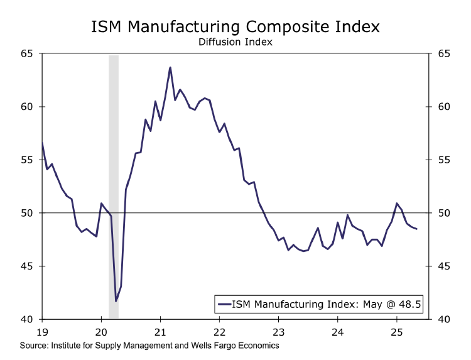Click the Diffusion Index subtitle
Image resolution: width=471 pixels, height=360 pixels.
[x=235, y=43]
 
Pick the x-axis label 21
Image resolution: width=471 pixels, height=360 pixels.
[x=160, y=331]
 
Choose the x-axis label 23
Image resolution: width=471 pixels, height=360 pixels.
[x=278, y=331]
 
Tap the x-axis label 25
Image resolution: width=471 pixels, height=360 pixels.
[x=396, y=331]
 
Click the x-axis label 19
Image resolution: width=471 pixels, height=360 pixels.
[x=42, y=331]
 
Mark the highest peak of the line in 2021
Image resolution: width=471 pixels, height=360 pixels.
[x=170, y=67]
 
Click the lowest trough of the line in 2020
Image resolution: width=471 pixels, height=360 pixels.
[x=116, y=302]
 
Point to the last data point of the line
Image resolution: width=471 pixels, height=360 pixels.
[x=416, y=229]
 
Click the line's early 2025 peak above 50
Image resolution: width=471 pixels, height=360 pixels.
[x=397, y=204]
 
